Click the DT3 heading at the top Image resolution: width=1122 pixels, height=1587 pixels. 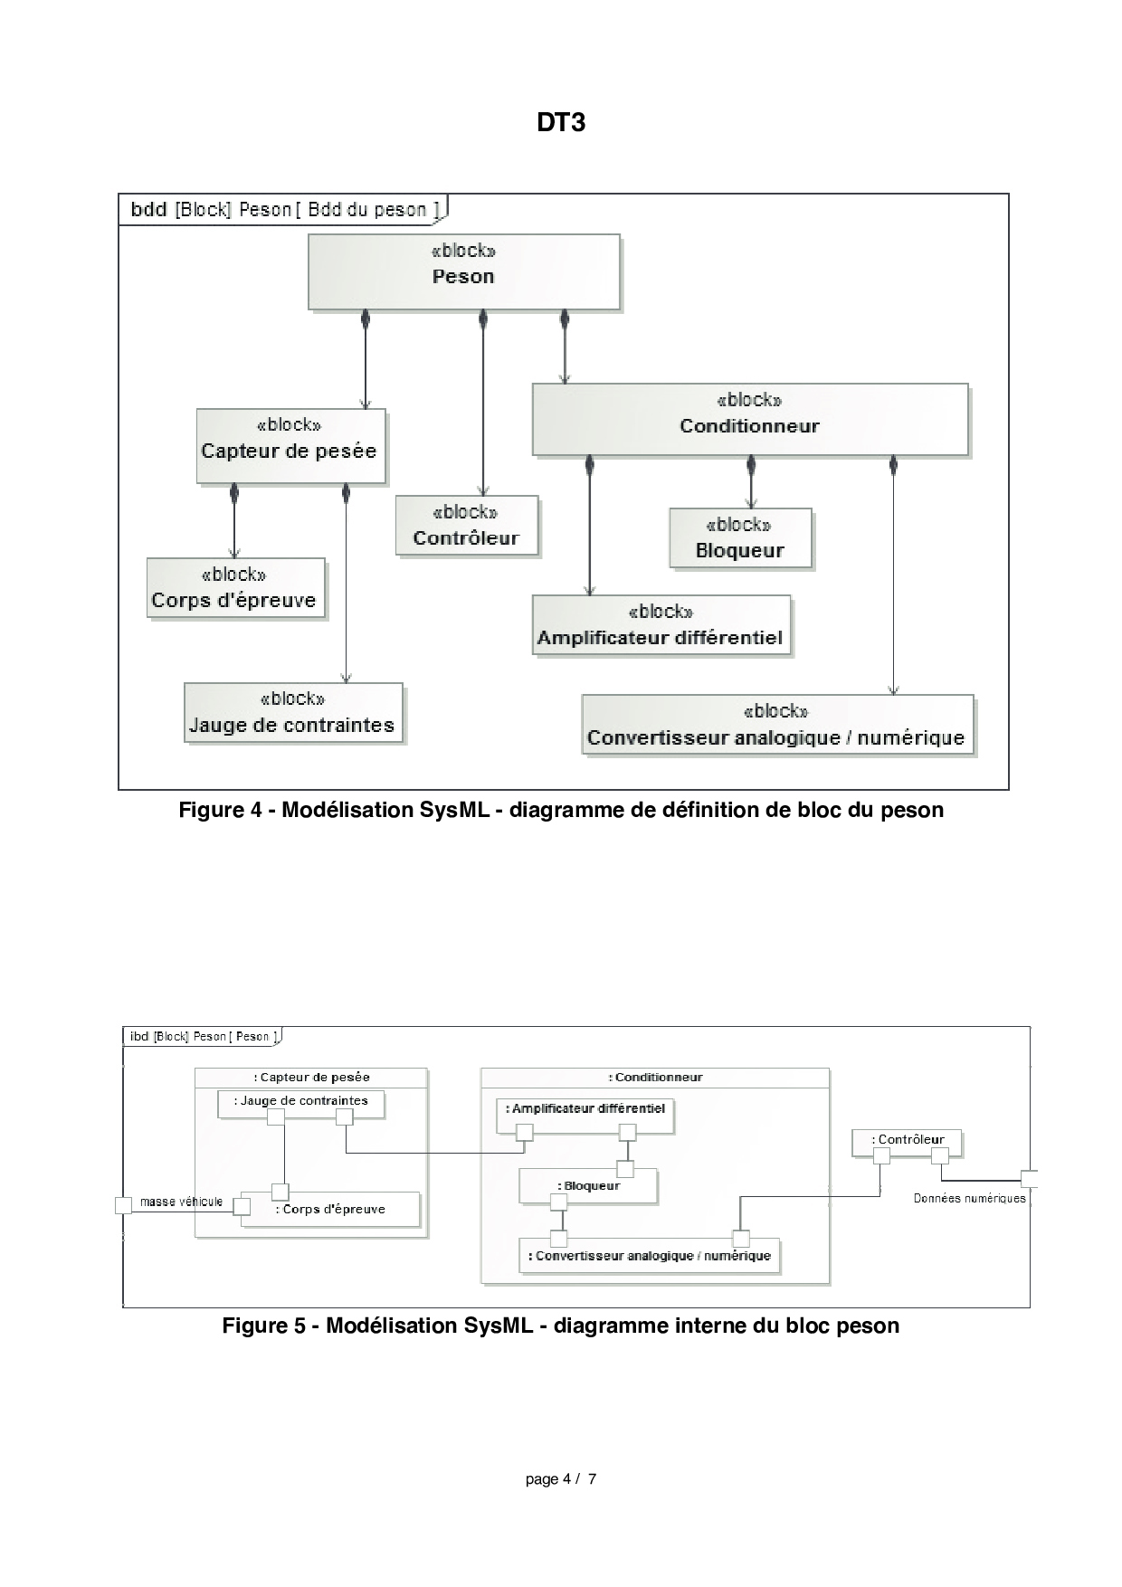560,122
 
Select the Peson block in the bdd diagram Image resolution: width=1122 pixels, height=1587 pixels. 463,271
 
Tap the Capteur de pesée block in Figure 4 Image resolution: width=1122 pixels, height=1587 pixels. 290,445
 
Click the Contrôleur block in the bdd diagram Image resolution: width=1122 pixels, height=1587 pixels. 466,526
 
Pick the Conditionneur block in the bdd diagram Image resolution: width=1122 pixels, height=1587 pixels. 749,419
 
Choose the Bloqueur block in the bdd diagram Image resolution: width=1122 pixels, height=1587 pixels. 740,538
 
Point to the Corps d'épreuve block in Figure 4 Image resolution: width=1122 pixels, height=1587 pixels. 234,588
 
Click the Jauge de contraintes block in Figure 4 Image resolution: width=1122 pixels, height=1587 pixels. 292,713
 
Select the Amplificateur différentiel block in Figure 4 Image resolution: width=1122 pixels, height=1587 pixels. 661,625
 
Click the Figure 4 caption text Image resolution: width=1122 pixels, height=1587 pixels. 560,810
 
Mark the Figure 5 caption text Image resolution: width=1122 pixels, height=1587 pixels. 560,1326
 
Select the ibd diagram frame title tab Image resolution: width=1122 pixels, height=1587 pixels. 202,1037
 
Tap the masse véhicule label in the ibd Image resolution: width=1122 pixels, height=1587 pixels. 181,1202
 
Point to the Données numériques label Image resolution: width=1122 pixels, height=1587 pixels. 969,1198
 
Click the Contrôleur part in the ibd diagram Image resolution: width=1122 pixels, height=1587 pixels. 907,1141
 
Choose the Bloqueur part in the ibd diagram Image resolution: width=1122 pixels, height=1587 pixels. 588,1186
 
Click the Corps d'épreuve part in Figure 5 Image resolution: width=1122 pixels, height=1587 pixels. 331,1210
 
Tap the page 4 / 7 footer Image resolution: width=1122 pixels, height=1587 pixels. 560,1479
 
